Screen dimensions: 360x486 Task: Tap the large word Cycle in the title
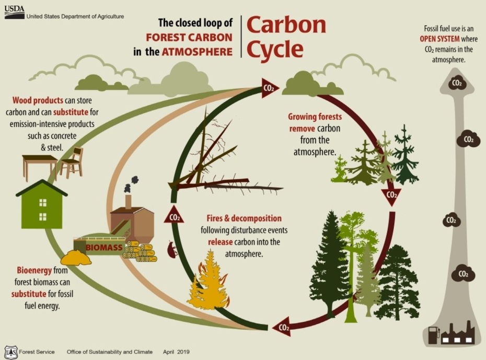pyautogui.click(x=274, y=49)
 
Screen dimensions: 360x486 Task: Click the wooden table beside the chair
pyautogui.click(x=40, y=165)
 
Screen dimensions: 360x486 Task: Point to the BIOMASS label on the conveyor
pyautogui.click(x=104, y=247)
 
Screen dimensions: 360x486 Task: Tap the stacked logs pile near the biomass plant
pyautogui.click(x=139, y=252)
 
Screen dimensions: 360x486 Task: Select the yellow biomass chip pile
pyautogui.click(x=76, y=258)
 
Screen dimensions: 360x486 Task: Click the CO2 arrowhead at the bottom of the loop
pyautogui.click(x=282, y=328)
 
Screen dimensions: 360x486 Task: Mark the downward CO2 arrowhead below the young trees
pyautogui.click(x=391, y=196)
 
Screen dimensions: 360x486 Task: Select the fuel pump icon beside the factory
pyautogui.click(x=434, y=335)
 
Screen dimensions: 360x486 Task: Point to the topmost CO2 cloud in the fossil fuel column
pyautogui.click(x=457, y=82)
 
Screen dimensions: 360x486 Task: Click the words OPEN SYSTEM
pyautogui.click(x=440, y=39)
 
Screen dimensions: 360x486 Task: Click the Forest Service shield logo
pyautogui.click(x=10, y=352)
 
